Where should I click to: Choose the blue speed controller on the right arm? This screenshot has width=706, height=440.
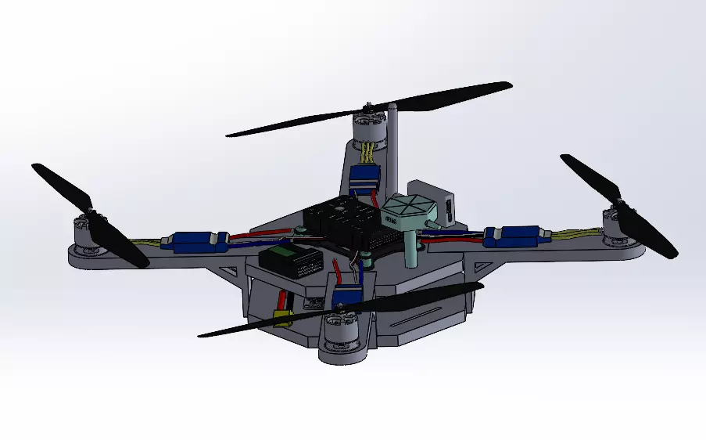click(514, 235)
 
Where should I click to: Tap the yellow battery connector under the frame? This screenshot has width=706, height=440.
click(282, 317)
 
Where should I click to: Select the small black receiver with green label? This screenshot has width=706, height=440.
click(289, 258)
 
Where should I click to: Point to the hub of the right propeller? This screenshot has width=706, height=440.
click(617, 210)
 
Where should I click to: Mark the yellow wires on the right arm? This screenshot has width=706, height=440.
click(575, 233)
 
